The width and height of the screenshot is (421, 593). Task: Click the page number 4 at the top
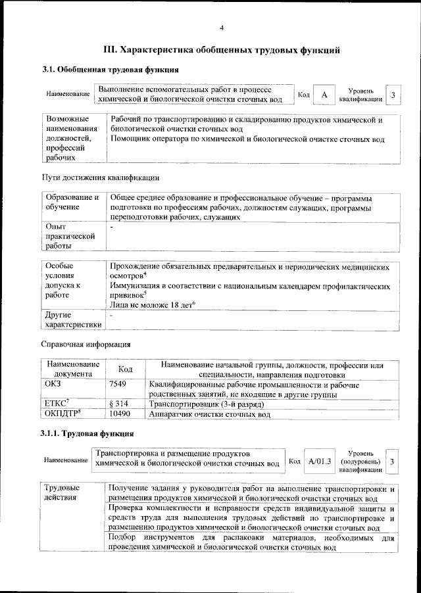(222, 27)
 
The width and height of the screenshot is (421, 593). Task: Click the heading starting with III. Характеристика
(222, 49)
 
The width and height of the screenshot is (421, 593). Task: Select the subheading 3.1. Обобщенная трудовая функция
(110, 70)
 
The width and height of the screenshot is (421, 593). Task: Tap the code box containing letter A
(324, 95)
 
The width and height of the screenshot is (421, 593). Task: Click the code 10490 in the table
(118, 415)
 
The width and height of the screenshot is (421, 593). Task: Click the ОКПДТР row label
(61, 415)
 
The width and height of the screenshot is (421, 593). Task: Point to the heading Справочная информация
(86, 344)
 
